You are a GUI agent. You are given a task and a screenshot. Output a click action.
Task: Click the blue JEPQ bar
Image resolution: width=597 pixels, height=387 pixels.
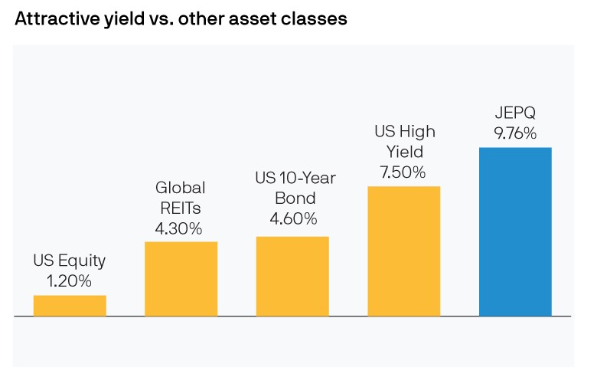pos(514,231)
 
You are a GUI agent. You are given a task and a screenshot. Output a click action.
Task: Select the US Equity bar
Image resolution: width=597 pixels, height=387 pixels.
pos(70,305)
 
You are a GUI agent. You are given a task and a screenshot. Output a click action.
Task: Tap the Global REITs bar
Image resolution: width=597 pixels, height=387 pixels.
pos(181,278)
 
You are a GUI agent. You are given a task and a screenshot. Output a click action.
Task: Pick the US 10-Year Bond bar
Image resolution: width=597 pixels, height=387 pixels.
pos(292,276)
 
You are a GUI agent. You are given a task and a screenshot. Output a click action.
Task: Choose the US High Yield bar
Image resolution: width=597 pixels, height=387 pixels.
pos(403,251)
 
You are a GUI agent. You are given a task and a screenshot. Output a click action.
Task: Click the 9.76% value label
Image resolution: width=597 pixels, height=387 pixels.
pos(514,133)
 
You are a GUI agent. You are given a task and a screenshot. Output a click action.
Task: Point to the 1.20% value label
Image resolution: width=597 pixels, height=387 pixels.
pos(70,280)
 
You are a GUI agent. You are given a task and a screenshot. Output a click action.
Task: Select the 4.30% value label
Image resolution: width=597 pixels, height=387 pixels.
pos(181,228)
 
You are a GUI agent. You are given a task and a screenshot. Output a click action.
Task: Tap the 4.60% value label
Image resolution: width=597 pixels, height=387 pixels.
pos(293,219)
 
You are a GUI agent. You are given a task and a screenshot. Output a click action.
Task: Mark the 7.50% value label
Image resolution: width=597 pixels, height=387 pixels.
pos(403,172)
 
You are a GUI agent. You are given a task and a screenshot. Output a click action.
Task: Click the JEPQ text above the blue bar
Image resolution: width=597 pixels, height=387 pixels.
pos(514,113)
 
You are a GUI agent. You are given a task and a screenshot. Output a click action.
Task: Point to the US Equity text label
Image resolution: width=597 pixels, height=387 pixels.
pos(70,261)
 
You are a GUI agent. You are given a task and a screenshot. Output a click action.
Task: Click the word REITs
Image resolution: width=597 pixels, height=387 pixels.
pos(181,208)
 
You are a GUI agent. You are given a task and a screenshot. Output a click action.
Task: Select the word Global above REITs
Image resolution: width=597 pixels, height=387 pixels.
pos(181,188)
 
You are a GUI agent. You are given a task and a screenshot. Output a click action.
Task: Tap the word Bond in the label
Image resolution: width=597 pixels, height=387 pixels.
pos(293,199)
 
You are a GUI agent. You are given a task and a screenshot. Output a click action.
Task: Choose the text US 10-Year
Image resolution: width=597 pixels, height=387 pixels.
pos(295,179)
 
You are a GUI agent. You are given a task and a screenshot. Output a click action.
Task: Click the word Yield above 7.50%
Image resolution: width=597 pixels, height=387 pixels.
pos(403,152)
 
